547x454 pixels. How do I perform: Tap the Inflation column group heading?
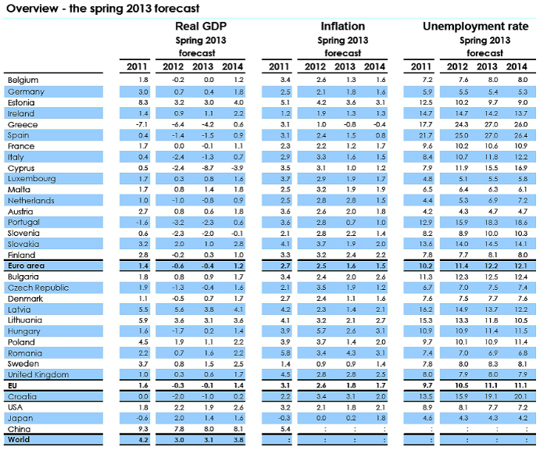[342, 27]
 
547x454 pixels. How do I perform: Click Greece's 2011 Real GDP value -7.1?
[141, 124]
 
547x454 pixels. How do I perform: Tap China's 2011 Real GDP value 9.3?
[141, 429]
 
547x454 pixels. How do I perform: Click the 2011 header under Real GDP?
[138, 66]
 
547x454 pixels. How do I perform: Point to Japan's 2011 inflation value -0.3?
[284, 418]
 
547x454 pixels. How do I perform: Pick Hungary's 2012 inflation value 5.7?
[315, 331]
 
